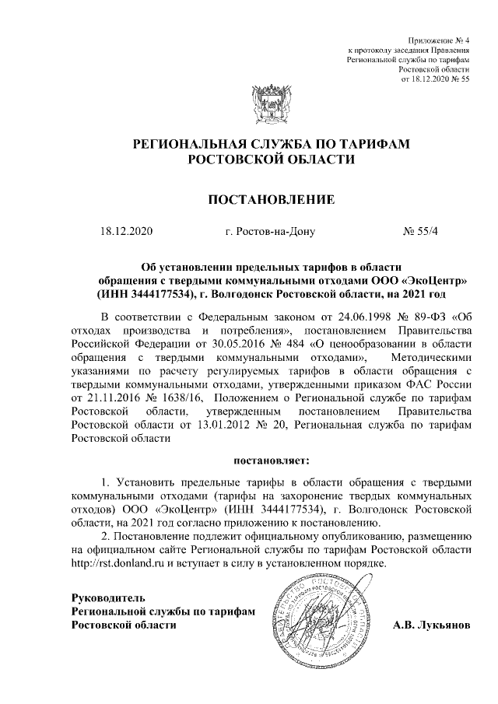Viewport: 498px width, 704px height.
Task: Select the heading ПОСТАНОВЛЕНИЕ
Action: point(270,201)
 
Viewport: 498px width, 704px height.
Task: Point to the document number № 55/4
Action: point(421,231)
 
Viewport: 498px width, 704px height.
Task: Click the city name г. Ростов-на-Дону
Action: point(269,231)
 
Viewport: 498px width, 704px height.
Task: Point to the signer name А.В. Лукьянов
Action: point(431,625)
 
